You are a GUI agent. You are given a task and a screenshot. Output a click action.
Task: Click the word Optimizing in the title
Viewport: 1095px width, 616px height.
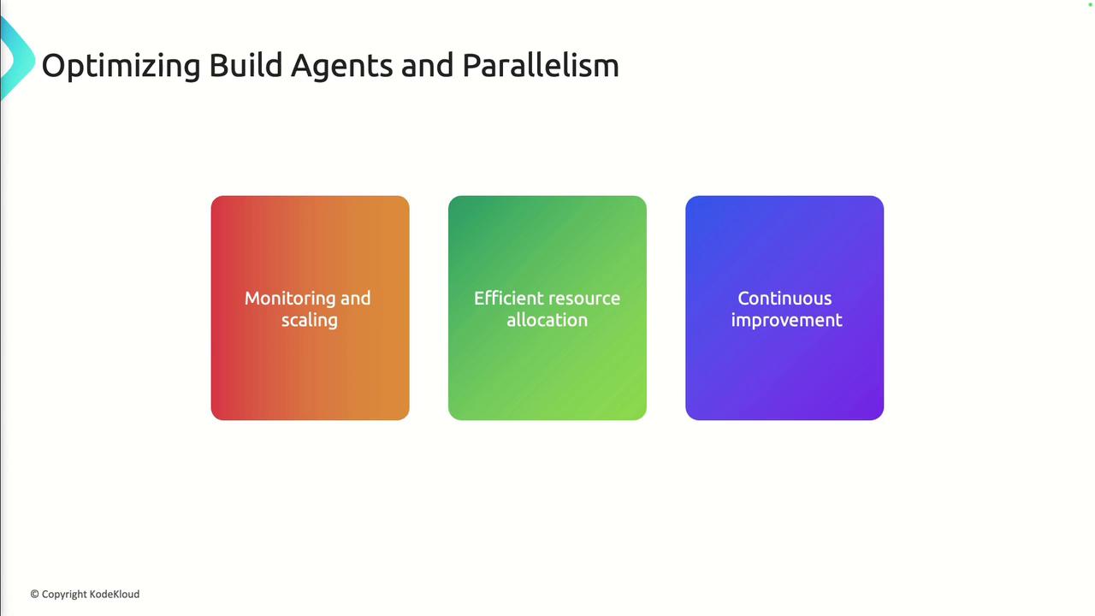[121, 66]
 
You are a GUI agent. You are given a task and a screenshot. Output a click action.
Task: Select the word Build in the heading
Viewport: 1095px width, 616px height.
[246, 65]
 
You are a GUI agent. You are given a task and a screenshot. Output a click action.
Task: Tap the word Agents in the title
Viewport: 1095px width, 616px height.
[341, 67]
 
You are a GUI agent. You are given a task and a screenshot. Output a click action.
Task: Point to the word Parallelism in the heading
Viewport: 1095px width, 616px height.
[541, 65]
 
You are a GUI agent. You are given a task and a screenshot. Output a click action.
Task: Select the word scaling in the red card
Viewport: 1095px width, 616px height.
[310, 321]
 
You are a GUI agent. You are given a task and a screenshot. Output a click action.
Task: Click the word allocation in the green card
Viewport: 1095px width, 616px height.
[547, 320]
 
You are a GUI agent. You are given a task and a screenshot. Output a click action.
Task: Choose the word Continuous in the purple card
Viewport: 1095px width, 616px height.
[784, 299]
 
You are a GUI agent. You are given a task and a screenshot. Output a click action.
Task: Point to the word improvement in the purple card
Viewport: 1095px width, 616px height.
[786, 321]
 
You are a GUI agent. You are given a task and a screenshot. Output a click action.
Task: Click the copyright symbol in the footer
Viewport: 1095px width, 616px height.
[35, 594]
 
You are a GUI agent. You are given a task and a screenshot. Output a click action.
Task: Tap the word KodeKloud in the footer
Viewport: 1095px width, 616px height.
[115, 594]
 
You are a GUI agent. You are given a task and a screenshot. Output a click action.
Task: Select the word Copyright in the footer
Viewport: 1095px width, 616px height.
[64, 595]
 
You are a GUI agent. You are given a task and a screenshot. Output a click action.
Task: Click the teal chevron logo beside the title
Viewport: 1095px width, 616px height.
[18, 59]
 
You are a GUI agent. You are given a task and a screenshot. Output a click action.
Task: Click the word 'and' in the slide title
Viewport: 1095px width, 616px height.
[427, 66]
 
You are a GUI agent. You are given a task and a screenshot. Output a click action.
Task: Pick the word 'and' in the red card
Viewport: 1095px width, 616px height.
[355, 299]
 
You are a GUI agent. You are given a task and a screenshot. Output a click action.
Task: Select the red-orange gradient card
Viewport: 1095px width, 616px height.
[310, 308]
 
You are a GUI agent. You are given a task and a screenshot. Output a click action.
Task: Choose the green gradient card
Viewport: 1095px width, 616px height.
[547, 308]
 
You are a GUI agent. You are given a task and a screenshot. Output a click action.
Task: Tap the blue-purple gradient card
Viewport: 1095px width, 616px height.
[784, 308]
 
